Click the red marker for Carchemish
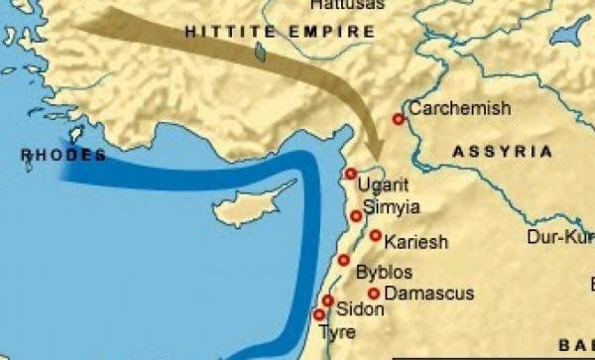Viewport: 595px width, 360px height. (x=398, y=119)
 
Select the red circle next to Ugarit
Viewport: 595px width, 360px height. (x=350, y=174)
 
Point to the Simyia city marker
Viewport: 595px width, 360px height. (x=356, y=215)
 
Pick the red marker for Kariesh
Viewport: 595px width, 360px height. (x=376, y=236)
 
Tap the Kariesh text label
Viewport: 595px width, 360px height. (x=416, y=242)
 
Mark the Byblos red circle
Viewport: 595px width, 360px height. (x=344, y=260)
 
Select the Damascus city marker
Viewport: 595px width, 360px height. (x=374, y=294)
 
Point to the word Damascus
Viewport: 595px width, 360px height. (x=428, y=294)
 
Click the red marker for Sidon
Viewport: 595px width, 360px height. (x=328, y=300)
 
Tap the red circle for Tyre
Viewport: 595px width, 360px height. (x=318, y=315)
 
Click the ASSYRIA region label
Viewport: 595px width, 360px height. (x=502, y=152)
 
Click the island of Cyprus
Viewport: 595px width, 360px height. (x=248, y=206)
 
